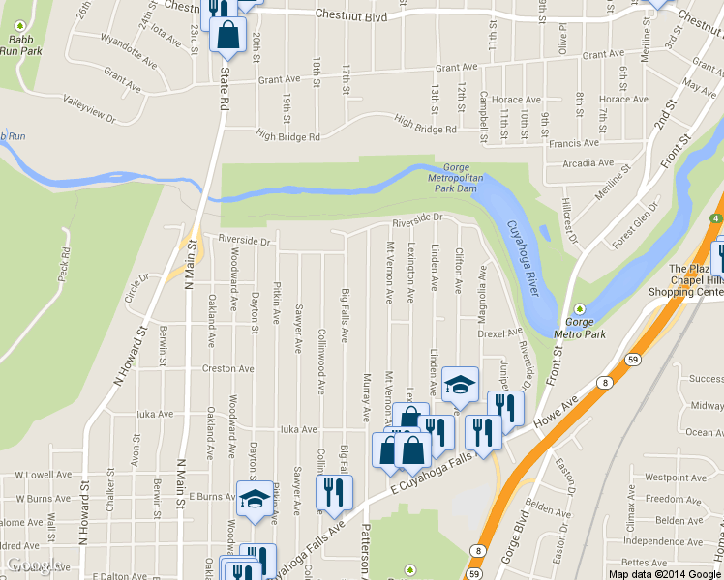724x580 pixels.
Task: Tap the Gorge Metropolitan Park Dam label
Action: coord(455,178)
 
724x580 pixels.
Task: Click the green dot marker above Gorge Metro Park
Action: coord(579,308)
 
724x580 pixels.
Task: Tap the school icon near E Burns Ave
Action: coord(255,500)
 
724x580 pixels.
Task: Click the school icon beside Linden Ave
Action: coord(461,384)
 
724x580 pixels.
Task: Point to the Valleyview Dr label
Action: coord(88,107)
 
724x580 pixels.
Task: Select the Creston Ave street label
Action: coord(227,368)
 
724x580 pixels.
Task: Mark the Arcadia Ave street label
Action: coord(592,163)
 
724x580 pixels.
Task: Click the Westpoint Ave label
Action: coord(667,478)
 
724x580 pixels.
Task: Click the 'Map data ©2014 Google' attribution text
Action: coord(664,573)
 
